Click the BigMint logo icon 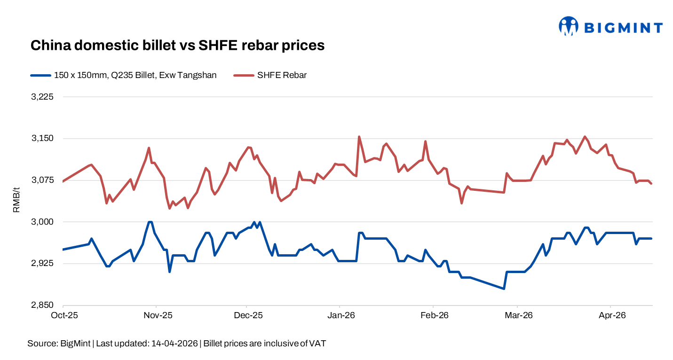(568, 26)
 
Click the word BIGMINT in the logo (623, 28)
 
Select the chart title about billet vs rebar (177, 45)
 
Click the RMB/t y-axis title (16, 201)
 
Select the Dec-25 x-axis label (248, 315)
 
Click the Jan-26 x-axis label (340, 315)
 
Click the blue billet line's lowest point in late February (504, 289)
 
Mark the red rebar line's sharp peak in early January (359, 137)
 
